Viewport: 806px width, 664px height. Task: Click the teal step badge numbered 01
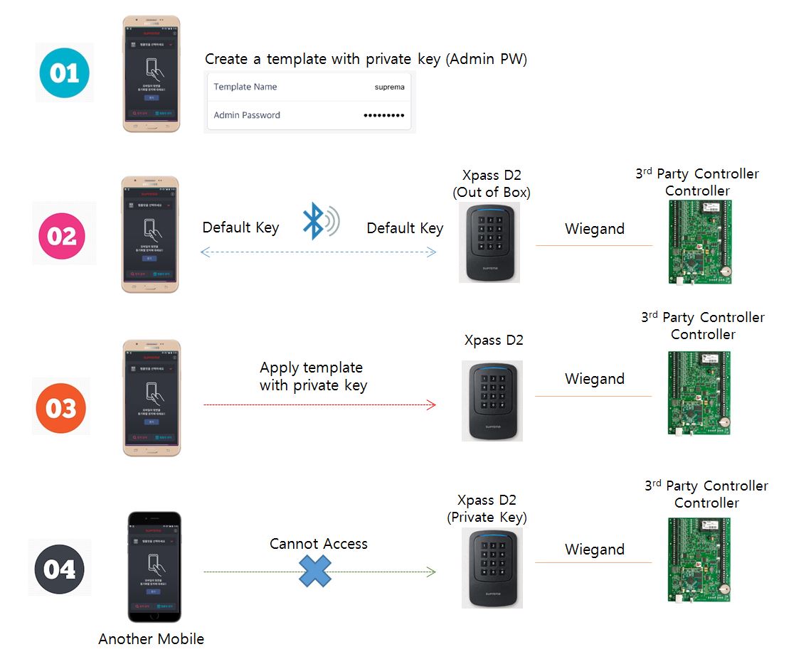pos(65,73)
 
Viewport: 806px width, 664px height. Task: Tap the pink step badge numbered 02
pos(62,235)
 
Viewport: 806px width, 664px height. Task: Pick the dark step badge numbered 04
pos(60,569)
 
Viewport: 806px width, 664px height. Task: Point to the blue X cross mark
pos(315,570)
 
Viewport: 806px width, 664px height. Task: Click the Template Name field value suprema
pos(389,87)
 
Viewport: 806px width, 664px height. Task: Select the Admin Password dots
pos(383,115)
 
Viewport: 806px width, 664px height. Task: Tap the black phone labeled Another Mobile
pos(154,567)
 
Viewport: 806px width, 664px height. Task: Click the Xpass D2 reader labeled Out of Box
pos(489,242)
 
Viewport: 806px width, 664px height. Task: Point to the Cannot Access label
pos(319,544)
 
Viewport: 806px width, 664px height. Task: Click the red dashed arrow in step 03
pos(319,405)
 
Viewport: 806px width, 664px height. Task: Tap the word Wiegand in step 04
pos(595,550)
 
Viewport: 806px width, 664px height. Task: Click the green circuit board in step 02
pos(699,242)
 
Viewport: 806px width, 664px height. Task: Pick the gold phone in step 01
pos(151,74)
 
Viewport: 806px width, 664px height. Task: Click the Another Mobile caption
pos(151,639)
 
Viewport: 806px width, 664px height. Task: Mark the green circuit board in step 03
pos(699,392)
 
